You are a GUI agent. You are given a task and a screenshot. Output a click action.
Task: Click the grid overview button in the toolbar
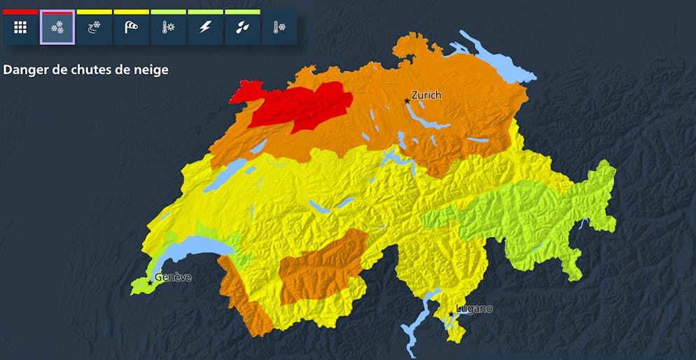coord(20,27)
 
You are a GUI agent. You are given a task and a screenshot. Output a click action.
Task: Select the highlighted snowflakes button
coord(57,27)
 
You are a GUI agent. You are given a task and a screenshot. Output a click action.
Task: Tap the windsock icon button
coord(131,27)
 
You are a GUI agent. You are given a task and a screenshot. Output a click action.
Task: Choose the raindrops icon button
coord(242,27)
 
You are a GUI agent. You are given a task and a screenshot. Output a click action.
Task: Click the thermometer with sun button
coord(168,27)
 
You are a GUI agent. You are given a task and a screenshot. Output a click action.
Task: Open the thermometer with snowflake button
coord(279,27)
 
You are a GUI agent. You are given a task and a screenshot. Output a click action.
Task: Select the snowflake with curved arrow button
coord(94,27)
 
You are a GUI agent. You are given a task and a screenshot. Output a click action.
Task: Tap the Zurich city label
coord(426,95)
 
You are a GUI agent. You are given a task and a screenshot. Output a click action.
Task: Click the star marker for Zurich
coord(407,102)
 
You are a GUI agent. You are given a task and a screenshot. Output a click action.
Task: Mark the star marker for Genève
coord(149,283)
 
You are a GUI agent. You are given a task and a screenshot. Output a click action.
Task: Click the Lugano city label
coord(475,308)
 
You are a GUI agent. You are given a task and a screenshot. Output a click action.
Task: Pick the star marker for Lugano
coord(452,314)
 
